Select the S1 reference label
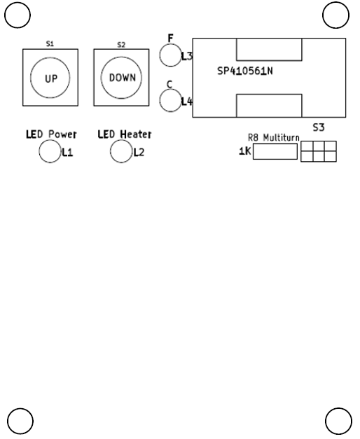pyautogui.click(x=50, y=43)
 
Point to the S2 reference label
pyautogui.click(x=121, y=45)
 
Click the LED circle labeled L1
pyautogui.click(x=39, y=151)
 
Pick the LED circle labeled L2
pyautogui.click(x=110, y=151)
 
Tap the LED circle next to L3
pyautogui.click(x=160, y=55)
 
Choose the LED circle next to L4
pyautogui.click(x=160, y=100)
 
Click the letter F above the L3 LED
pyautogui.click(x=170, y=38)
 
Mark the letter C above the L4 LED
pyautogui.click(x=169, y=85)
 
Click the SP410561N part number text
pyautogui.click(x=245, y=71)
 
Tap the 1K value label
pyautogui.click(x=245, y=151)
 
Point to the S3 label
pyautogui.click(x=319, y=127)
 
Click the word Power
pyautogui.click(x=62, y=134)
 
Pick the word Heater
pyautogui.click(x=136, y=134)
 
